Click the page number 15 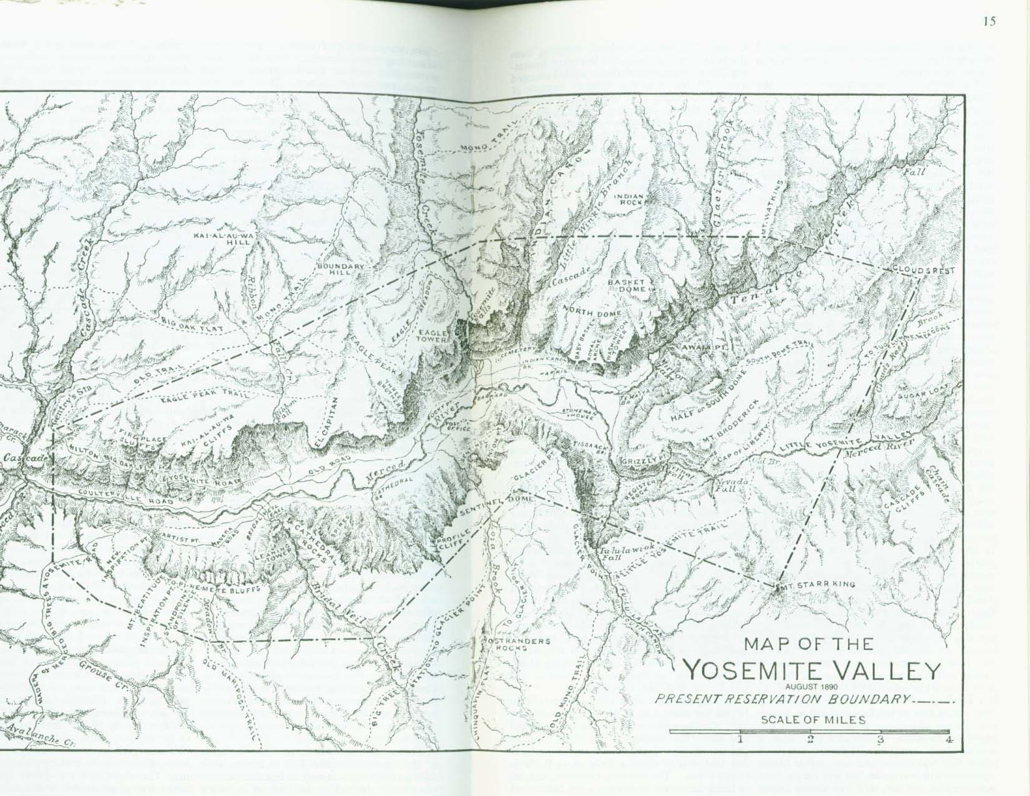tap(989, 21)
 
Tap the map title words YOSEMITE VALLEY tap(812, 671)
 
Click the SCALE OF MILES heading tap(813, 719)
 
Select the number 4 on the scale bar tap(949, 740)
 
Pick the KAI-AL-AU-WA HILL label tap(225, 240)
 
